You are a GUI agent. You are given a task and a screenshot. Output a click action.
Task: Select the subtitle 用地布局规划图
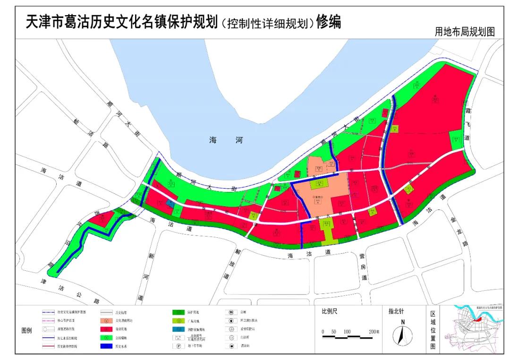pyautogui.click(x=465, y=32)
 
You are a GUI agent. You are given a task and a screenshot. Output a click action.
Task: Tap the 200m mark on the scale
pyautogui.click(x=374, y=332)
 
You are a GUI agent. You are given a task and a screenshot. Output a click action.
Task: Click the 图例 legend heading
pyautogui.click(x=27, y=330)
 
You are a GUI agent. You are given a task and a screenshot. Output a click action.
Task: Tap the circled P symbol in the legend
pyautogui.click(x=179, y=346)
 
